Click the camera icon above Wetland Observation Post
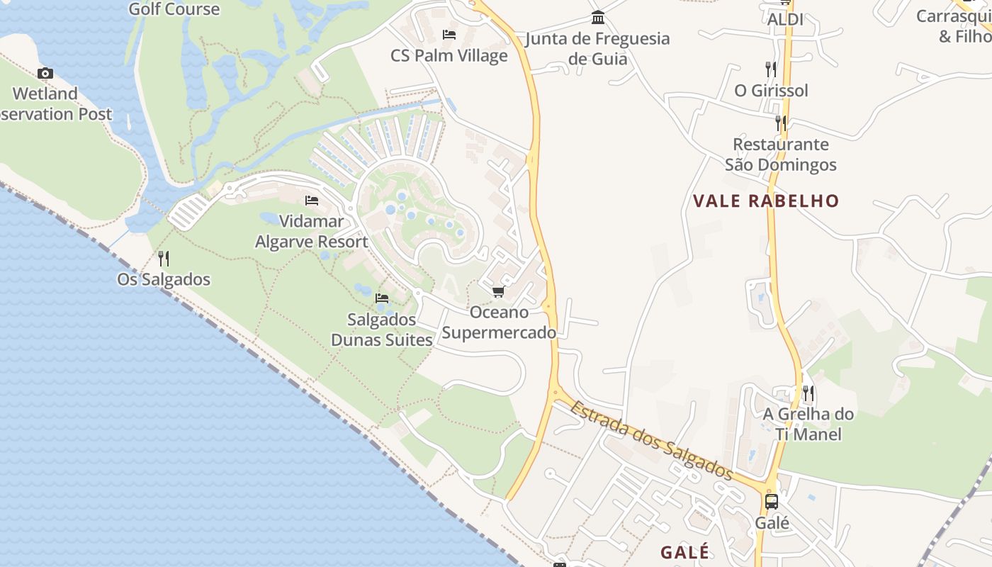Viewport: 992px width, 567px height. pos(45,73)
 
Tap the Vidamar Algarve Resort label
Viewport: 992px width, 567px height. pos(312,232)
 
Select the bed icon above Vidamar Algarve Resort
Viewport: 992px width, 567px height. pos(311,201)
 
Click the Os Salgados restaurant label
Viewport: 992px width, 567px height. pos(164,279)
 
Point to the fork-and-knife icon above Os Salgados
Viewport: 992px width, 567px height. pos(164,258)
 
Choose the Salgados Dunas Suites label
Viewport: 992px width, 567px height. pos(382,330)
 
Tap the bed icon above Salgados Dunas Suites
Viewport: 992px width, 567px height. pos(382,298)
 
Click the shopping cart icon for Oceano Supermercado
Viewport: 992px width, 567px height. pos(498,291)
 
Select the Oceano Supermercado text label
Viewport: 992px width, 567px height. pos(500,322)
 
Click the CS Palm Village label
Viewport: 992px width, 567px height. pos(449,55)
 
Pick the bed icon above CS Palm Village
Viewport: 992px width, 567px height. pos(449,34)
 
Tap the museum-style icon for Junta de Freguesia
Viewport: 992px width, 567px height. pos(598,17)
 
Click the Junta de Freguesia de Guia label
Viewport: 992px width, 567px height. pos(598,48)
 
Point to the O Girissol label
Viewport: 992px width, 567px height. pos(771,91)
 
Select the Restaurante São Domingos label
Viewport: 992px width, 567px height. pos(780,155)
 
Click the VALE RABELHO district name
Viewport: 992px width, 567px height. pos(766,201)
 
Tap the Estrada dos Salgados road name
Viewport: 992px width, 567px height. pos(651,440)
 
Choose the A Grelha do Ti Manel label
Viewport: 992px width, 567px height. pos(808,424)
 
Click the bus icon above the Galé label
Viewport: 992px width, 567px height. pos(772,502)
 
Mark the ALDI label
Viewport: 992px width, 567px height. pos(785,20)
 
